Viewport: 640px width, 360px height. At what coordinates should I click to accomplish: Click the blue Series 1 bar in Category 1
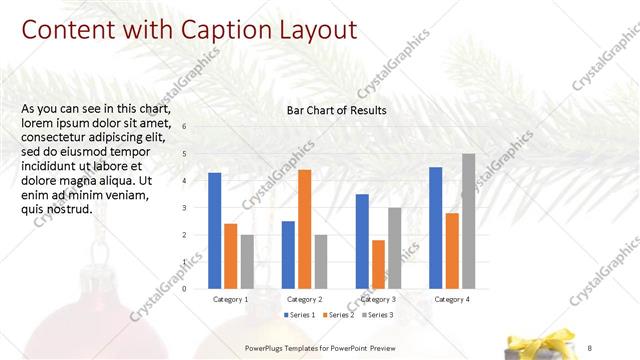point(215,231)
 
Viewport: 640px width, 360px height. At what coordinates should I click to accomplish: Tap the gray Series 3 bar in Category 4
point(468,221)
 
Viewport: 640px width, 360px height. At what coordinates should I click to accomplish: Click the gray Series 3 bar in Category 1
point(247,262)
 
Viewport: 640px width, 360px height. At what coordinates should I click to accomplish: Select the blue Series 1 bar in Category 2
point(288,255)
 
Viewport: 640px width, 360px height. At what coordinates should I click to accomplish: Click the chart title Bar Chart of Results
point(336,110)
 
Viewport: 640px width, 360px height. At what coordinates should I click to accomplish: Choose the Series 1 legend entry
point(300,315)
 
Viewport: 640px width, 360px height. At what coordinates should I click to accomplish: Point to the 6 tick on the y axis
point(184,127)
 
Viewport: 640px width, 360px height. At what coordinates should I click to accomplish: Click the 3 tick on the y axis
point(184,208)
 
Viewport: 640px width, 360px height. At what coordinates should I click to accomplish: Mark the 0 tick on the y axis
point(184,289)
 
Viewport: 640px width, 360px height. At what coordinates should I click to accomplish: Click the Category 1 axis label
point(231,299)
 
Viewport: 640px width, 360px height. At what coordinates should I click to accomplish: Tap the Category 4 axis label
point(452,299)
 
